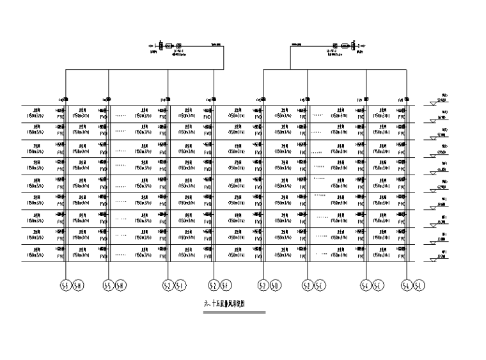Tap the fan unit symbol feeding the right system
[345, 46]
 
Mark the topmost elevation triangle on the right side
[434, 100]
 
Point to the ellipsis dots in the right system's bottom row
[322, 254]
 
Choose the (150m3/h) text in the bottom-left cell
[36, 254]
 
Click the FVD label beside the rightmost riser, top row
[402, 117]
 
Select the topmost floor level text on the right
[443, 97]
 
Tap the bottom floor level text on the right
[443, 254]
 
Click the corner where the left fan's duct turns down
[224, 46]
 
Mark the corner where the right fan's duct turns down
[291, 46]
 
